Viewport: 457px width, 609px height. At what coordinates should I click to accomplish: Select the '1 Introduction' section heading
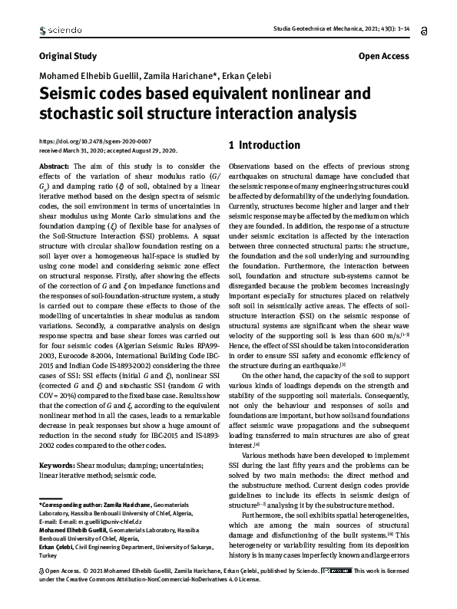click(x=264, y=145)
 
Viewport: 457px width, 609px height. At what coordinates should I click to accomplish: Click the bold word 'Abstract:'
click(x=54, y=166)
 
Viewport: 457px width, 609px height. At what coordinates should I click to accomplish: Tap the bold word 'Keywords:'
click(x=56, y=443)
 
